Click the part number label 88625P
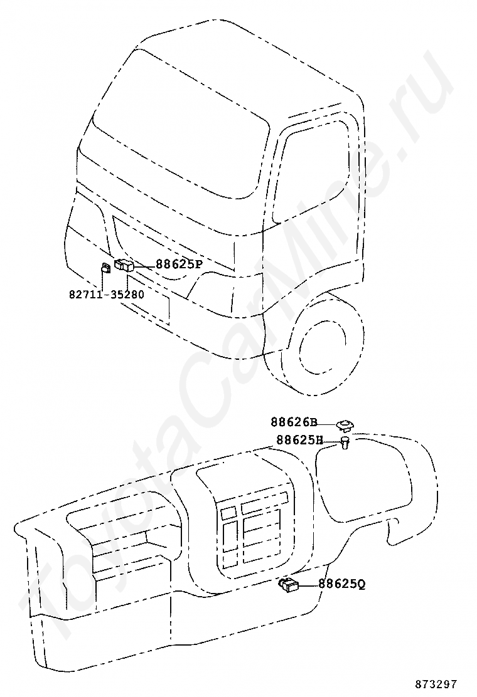[179, 265]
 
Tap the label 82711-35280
[106, 293]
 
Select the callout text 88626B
[294, 422]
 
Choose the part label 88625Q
[341, 584]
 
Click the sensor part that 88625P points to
[124, 265]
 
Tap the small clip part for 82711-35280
[105, 270]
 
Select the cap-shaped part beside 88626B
[345, 426]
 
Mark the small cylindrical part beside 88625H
[346, 444]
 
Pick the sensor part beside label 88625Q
[289, 585]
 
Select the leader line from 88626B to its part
[327, 424]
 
